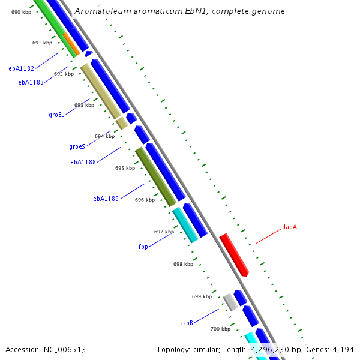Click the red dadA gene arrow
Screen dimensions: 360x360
pos(234,255)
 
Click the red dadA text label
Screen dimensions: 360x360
pos(289,227)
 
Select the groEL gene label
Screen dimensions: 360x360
pos(56,115)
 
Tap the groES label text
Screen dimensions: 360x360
pos(77,146)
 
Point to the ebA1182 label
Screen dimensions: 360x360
pos(21,69)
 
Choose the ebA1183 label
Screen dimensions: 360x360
pos(31,83)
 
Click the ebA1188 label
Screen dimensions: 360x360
pos(83,162)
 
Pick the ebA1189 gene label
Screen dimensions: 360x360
pos(106,199)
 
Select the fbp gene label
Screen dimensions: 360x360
pos(143,247)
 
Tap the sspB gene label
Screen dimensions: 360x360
pos(186,323)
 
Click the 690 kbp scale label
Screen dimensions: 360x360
pos(21,12)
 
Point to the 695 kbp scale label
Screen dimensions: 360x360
pos(125,169)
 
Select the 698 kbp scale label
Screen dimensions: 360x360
pos(183,264)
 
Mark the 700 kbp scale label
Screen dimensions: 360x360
pos(220,329)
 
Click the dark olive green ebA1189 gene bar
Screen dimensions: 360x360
pos(155,177)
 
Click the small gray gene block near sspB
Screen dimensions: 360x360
pos(230,302)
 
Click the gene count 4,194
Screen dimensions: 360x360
pos(342,349)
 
